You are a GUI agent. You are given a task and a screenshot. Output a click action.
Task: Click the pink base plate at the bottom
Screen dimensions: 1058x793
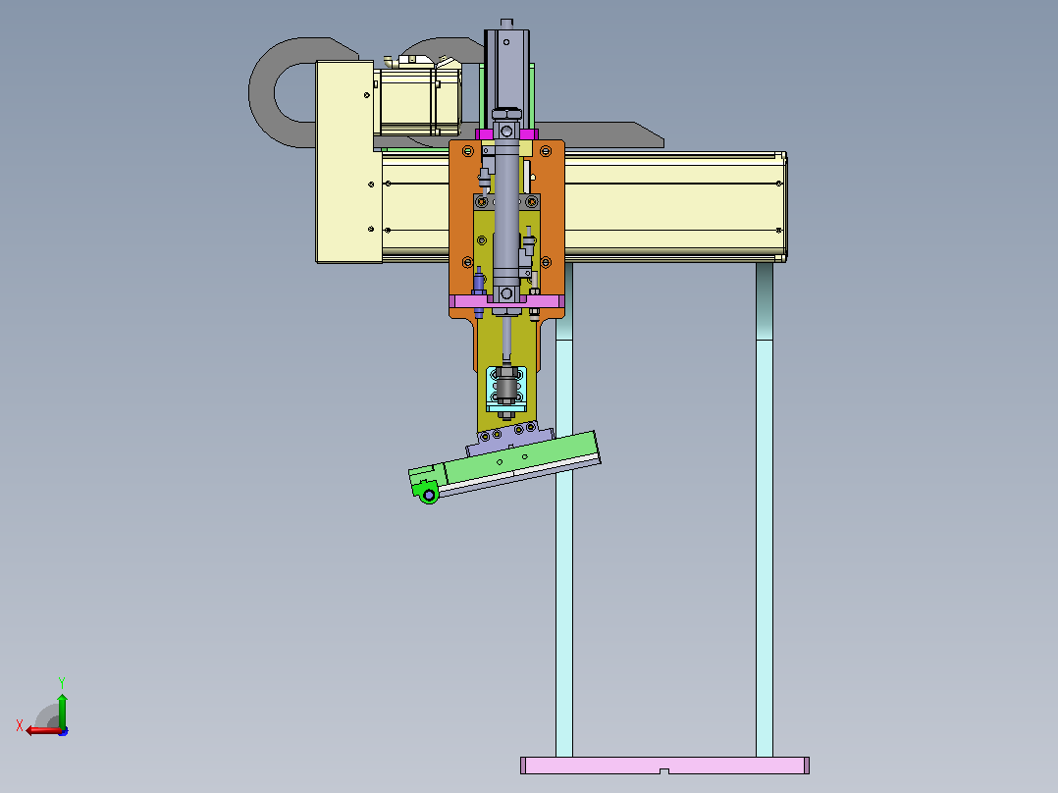click(664, 765)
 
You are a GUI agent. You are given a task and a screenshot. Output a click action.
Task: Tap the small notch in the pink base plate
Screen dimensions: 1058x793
click(663, 770)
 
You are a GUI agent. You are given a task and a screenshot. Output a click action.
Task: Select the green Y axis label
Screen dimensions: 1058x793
click(62, 682)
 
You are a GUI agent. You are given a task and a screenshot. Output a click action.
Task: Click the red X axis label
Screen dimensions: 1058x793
click(20, 726)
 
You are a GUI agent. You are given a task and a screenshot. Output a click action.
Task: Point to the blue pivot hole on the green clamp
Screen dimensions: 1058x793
click(429, 496)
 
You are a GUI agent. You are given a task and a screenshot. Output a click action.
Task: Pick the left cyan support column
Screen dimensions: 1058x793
click(564, 509)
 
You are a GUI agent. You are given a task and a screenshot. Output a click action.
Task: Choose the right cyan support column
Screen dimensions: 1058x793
click(765, 509)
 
